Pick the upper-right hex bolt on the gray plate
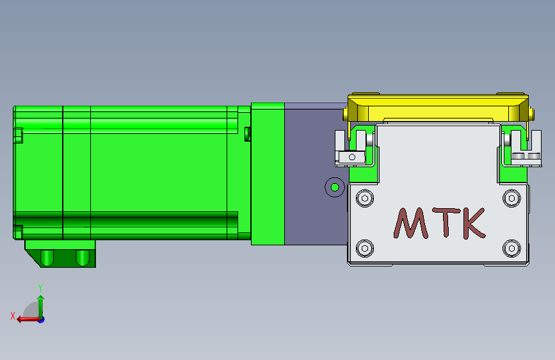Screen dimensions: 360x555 tap(512, 198)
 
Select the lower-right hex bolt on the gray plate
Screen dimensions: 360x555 tap(512, 247)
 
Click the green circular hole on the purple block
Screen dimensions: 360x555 tap(334, 188)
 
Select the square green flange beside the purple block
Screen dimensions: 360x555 tap(268, 173)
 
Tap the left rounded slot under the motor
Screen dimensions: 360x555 tap(47, 258)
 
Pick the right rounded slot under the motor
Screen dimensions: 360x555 tap(82, 258)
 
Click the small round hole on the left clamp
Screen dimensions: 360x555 tap(351, 156)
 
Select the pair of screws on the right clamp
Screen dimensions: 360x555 tap(526, 156)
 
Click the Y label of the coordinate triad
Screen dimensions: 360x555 tap(40, 288)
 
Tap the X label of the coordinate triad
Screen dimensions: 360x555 tap(12, 315)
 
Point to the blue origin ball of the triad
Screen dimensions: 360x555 tap(41, 319)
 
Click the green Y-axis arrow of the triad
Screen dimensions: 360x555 tap(41, 304)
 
